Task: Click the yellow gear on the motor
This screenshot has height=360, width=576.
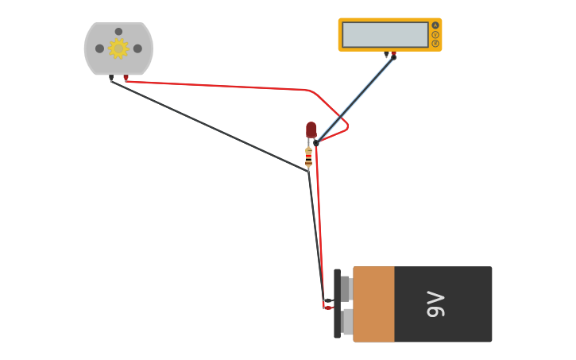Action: tap(118, 48)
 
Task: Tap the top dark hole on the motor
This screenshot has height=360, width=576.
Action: tap(118, 32)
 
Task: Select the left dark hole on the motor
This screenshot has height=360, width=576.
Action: tap(99, 48)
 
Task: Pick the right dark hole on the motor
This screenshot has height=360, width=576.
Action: tap(137, 48)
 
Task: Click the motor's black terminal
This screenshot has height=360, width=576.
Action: tap(111, 78)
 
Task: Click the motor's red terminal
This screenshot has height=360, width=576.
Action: tap(126, 78)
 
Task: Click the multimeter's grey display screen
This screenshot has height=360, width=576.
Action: tap(385, 34)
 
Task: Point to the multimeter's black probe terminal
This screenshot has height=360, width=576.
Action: tap(386, 55)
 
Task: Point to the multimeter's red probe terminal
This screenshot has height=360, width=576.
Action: tap(393, 55)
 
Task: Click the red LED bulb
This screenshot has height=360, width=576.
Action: tap(311, 130)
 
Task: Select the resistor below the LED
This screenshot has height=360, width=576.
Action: tap(308, 156)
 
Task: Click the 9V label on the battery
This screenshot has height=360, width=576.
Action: tap(436, 304)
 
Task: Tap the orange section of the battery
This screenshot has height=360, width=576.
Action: tap(373, 304)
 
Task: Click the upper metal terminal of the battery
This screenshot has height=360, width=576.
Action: tap(346, 288)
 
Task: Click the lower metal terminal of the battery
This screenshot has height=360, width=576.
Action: tap(347, 321)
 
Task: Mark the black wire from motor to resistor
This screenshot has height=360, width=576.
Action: tap(207, 125)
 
